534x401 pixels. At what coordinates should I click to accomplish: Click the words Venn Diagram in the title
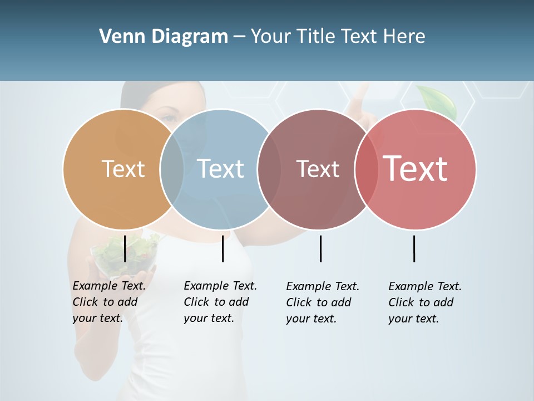pyautogui.click(x=164, y=37)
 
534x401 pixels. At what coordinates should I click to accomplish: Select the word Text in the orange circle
pyautogui.click(x=123, y=169)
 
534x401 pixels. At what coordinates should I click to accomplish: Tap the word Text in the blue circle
pyautogui.click(x=221, y=169)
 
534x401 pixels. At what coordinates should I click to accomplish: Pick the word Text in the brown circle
pyautogui.click(x=318, y=169)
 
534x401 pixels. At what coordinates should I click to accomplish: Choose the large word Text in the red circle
pyautogui.click(x=416, y=169)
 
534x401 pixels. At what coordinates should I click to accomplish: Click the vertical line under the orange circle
pyautogui.click(x=125, y=248)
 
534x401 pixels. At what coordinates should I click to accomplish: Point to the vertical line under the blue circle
pyautogui.click(x=222, y=248)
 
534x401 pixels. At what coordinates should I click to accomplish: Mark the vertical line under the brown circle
pyautogui.click(x=320, y=248)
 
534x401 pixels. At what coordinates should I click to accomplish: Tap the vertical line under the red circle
pyautogui.click(x=414, y=248)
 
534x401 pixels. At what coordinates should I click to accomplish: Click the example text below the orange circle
pyautogui.click(x=108, y=302)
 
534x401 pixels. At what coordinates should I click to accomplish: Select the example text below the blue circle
pyautogui.click(x=220, y=302)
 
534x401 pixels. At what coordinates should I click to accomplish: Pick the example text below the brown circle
pyautogui.click(x=322, y=302)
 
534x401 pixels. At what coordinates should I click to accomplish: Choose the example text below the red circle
pyautogui.click(x=424, y=302)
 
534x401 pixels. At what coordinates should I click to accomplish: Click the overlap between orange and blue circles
pyautogui.click(x=172, y=169)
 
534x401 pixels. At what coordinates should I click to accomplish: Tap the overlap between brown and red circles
pyautogui.click(x=365, y=169)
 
